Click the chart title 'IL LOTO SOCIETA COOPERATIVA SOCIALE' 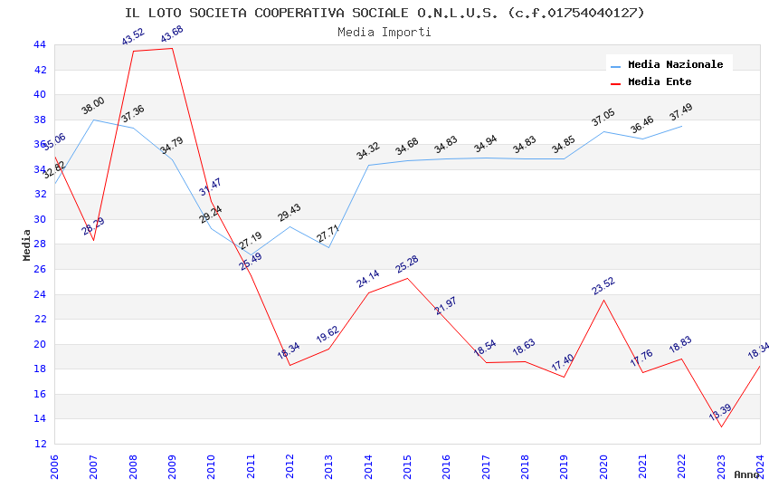[384, 13]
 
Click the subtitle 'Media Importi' [384, 32]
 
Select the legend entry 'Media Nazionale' [675, 65]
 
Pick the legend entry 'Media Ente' [660, 82]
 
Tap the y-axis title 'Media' [27, 244]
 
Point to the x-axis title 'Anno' [746, 474]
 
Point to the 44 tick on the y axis [39, 44]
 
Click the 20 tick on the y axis [39, 344]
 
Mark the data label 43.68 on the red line [172, 35]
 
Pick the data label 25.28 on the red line [407, 264]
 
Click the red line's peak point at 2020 [603, 300]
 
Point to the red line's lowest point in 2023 [721, 426]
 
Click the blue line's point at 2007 [93, 120]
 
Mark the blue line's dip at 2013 [328, 248]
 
